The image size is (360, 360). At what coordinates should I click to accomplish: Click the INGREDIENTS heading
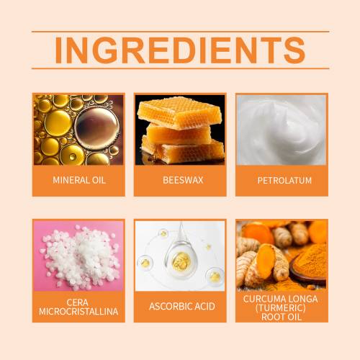point(180,50)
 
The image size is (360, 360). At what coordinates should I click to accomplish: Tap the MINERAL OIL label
point(79,180)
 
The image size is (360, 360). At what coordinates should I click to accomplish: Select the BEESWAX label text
point(183,180)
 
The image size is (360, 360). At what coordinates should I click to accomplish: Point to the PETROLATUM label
point(284,181)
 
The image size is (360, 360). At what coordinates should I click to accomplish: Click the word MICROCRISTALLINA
point(78,312)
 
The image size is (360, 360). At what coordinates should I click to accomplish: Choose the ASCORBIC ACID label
point(182,307)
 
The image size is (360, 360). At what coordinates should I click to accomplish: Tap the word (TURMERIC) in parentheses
point(281,308)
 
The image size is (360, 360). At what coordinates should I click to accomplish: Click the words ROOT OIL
point(282,317)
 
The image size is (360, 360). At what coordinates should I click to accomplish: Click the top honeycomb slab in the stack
point(179,112)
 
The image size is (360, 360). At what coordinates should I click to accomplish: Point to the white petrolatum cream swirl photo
point(282,130)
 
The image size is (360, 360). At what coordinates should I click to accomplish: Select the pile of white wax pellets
point(81,256)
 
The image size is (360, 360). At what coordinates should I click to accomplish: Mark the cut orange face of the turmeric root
point(266,261)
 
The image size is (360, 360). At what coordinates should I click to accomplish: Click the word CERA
point(77,302)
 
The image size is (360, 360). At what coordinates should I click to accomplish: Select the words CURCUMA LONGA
point(280,299)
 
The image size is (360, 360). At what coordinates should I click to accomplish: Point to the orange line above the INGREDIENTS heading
point(181,32)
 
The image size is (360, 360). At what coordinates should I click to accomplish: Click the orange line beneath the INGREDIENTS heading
point(181,68)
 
